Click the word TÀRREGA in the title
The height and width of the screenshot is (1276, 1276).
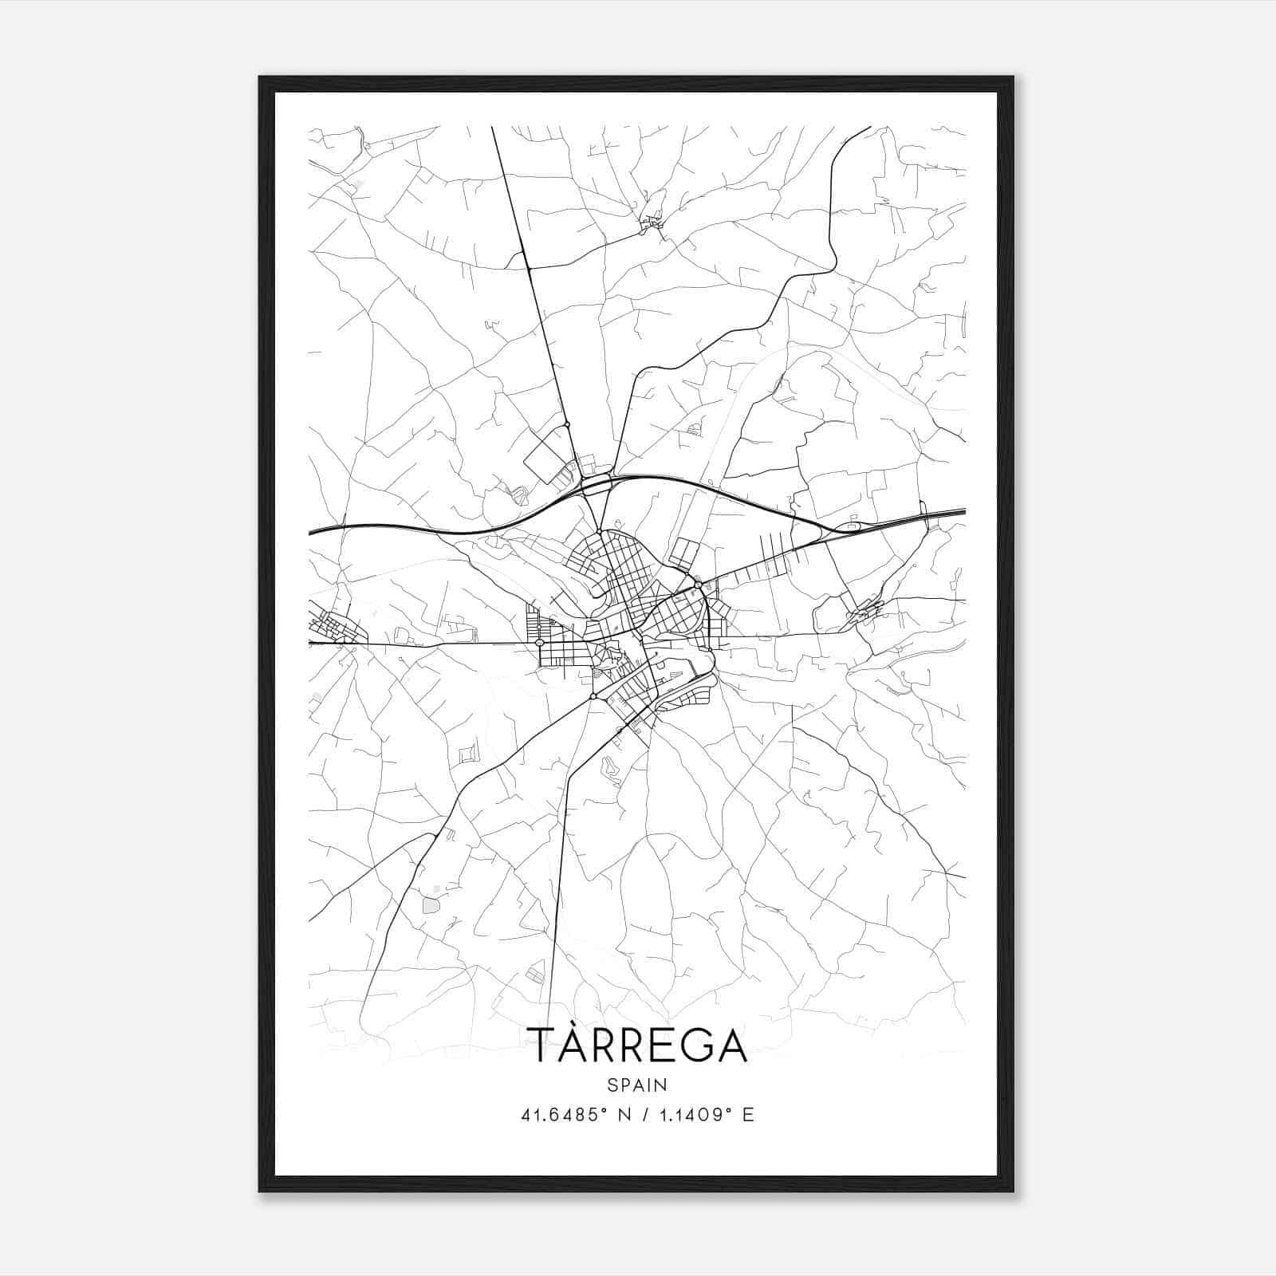[637, 1046]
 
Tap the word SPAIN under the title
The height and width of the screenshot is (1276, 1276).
[637, 1085]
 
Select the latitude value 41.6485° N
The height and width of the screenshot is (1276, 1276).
[575, 1115]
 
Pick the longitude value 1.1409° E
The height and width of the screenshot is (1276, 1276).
[707, 1115]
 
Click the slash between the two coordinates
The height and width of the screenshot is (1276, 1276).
[644, 1115]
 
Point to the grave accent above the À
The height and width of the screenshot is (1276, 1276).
[589, 1021]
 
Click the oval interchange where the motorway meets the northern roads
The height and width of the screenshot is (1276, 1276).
[596, 483]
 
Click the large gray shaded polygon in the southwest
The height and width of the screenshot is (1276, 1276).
[431, 905]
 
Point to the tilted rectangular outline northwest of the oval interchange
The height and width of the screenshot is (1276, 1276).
[545, 460]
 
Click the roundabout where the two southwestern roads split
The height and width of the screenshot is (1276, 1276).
[593, 697]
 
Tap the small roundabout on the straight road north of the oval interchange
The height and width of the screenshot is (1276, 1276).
[567, 424]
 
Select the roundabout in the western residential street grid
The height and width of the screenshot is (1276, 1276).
[540, 642]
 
